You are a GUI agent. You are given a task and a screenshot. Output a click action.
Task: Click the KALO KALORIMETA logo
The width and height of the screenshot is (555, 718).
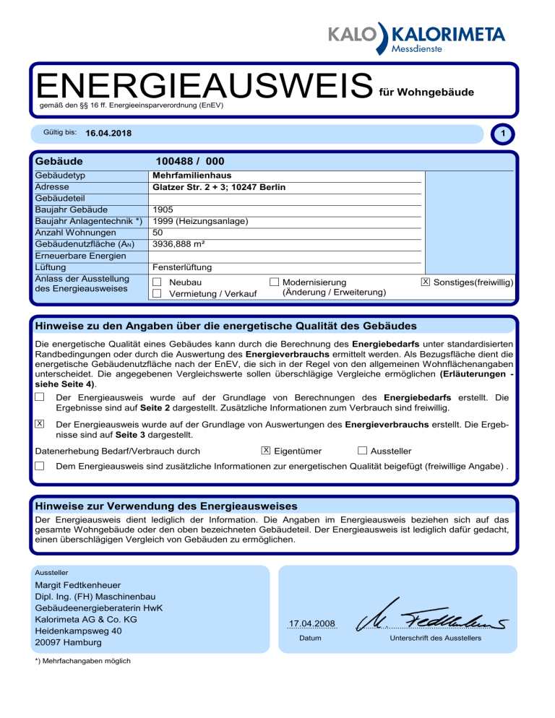coord(416,38)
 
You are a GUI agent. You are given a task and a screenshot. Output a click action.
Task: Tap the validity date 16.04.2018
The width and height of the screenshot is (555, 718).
coord(108,134)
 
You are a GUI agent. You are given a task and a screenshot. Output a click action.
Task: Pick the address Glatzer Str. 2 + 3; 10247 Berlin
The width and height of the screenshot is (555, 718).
coord(220,187)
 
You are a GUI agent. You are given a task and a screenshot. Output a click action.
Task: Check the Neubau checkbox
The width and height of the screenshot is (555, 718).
coord(157,282)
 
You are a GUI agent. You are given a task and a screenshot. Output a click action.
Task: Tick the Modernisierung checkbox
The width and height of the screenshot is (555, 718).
coord(274,281)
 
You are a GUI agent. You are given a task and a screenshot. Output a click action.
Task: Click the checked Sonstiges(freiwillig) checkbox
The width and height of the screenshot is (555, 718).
coord(425,281)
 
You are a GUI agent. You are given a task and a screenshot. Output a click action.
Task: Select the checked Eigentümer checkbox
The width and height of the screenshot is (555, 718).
coord(267,451)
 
